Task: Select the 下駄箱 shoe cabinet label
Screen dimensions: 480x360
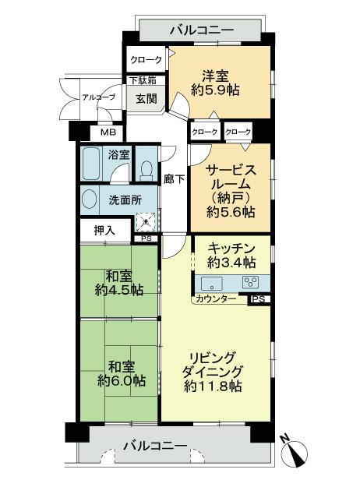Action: (x=143, y=80)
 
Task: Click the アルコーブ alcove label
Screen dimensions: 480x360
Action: (x=99, y=97)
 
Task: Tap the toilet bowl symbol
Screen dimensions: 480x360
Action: (x=146, y=168)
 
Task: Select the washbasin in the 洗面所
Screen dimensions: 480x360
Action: (x=90, y=199)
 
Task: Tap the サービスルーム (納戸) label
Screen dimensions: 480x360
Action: (x=231, y=191)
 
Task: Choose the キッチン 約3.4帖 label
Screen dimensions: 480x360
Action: (x=231, y=255)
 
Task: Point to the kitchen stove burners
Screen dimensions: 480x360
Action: (x=250, y=282)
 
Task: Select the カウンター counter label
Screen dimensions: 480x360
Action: (x=217, y=298)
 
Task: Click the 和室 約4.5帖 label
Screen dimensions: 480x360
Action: (x=119, y=282)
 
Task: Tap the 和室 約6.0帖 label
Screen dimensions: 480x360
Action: (x=121, y=372)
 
